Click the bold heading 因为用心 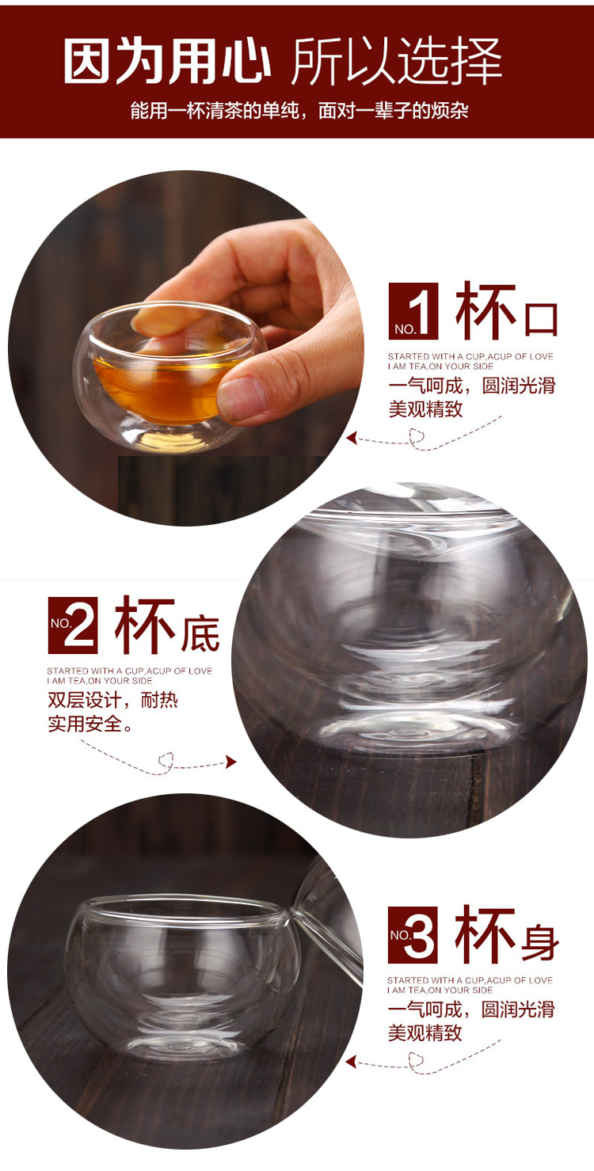pos(167,61)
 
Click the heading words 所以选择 pos(397,61)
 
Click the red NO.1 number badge pos(413,311)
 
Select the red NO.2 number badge pos(73,625)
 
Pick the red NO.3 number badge pos(413,934)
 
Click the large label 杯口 pos(507,313)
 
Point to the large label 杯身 pos(507,937)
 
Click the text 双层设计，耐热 pos(112,701)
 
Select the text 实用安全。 pos(91,724)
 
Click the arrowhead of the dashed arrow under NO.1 pos(352,438)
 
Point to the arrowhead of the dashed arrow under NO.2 pos(231,762)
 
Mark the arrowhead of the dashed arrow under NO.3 pos(352,1062)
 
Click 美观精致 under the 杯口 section pos(425,409)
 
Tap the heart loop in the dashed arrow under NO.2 pos(166,761)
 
